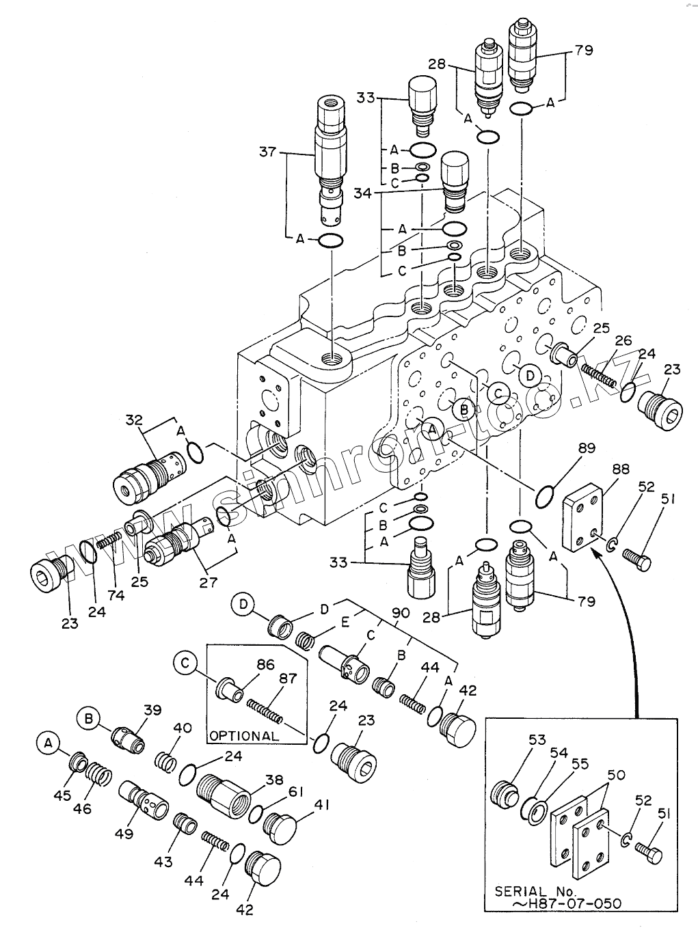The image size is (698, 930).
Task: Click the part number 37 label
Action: point(267,151)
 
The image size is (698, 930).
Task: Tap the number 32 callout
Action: point(133,420)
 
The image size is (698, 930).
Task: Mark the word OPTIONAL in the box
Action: point(244,736)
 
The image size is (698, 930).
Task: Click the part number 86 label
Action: point(265,663)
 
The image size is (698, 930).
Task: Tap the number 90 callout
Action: point(401,613)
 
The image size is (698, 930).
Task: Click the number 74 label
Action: point(116,595)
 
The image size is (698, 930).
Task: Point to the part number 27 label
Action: point(208,582)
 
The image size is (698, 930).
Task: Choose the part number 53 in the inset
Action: point(537,739)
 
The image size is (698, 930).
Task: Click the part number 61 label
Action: point(295,791)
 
